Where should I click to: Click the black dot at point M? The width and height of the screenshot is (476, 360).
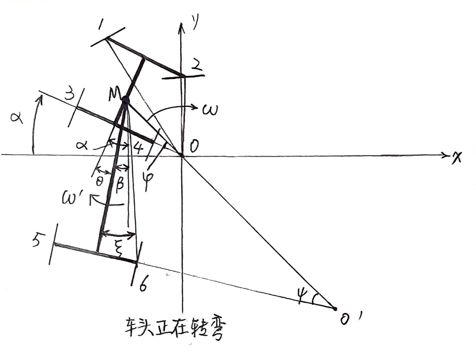[125, 100]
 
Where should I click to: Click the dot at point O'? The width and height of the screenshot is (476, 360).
[335, 309]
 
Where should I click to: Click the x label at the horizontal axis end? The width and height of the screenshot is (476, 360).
[457, 158]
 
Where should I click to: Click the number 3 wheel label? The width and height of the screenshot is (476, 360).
[69, 96]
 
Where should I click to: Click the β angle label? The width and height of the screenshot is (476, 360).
[119, 182]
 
